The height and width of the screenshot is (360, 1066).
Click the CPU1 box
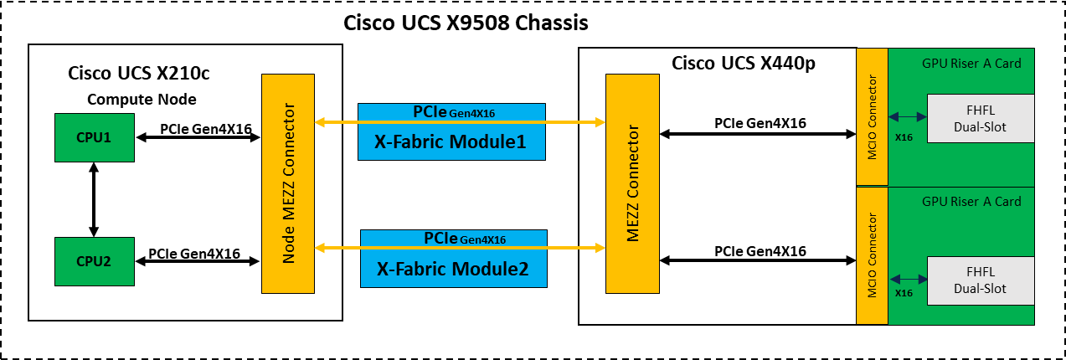[94, 137]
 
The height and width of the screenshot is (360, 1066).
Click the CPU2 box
[94, 261]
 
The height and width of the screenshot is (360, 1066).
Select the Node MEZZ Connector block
[288, 183]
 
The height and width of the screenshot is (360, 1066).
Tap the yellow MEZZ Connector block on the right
[632, 183]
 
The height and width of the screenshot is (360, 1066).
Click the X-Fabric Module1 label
[451, 143]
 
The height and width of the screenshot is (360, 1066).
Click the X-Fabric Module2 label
[453, 270]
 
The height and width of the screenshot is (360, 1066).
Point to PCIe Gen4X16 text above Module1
[453, 111]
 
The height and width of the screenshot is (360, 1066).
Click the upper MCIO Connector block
[872, 116]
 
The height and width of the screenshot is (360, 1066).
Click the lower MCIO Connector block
[872, 255]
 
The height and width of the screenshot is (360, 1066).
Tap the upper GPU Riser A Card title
[971, 63]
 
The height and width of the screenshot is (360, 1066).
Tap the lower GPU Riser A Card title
[971, 202]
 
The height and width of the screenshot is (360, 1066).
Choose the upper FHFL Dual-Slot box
[981, 117]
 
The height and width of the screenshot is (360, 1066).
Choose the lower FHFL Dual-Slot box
[981, 280]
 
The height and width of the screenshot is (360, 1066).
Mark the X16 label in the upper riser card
[904, 137]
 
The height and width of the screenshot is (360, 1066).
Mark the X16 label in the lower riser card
[904, 293]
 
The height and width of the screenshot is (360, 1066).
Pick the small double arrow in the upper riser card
[908, 117]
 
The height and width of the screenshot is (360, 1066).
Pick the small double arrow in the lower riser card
[908, 279]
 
